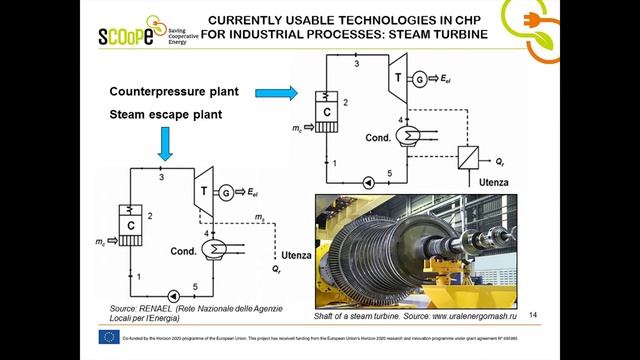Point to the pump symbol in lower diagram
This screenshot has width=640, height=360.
point(177,296)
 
